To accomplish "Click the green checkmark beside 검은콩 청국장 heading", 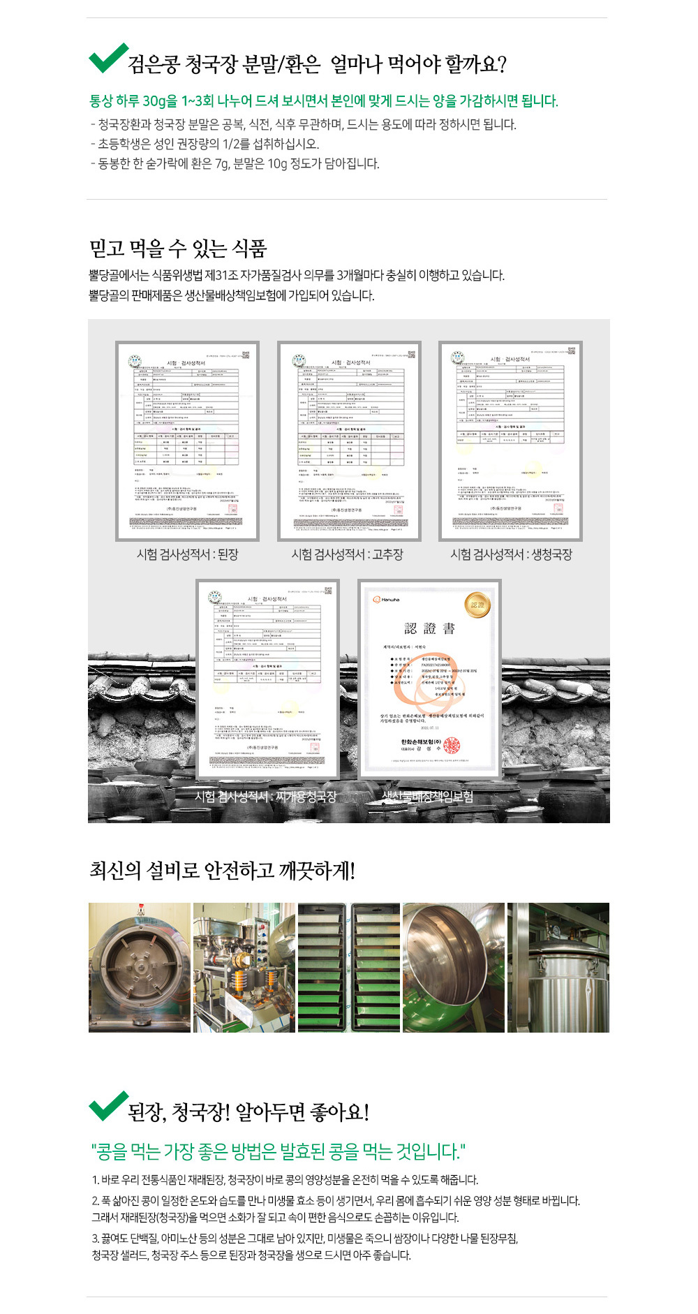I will pos(107,58).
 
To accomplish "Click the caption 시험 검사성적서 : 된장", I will pos(187,554).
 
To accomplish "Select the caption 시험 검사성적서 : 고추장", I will pos(347,554).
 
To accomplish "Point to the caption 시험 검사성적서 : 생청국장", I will pos(511,554).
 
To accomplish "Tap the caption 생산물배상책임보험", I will pos(427,797).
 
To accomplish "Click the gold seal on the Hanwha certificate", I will pos(477,605).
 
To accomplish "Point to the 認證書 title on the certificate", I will pos(429,628).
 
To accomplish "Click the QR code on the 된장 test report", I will pos(246,354).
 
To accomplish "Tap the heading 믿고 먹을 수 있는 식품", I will pos(178,248).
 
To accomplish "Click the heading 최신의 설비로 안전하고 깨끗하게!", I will pos(222,871).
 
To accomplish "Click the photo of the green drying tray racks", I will pos(349,967).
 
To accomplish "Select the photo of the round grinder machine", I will pos(140,967).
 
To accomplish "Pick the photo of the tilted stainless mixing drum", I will pos(453,967).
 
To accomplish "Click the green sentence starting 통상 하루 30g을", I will pos(323,101).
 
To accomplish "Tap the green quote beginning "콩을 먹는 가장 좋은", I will pos(278,1151).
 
